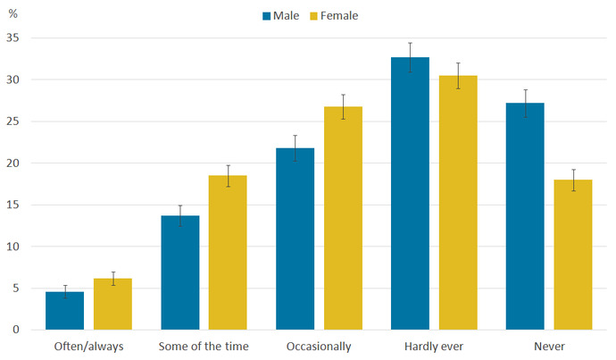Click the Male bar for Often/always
pyautogui.click(x=64, y=311)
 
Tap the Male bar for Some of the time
pyautogui.click(x=179, y=272)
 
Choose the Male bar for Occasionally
pyautogui.click(x=295, y=239)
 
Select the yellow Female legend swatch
pyautogui.click(x=313, y=15)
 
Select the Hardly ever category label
pyautogui.click(x=433, y=346)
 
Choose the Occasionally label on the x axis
pyautogui.click(x=319, y=346)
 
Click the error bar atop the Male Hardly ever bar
pyautogui.click(x=410, y=57)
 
